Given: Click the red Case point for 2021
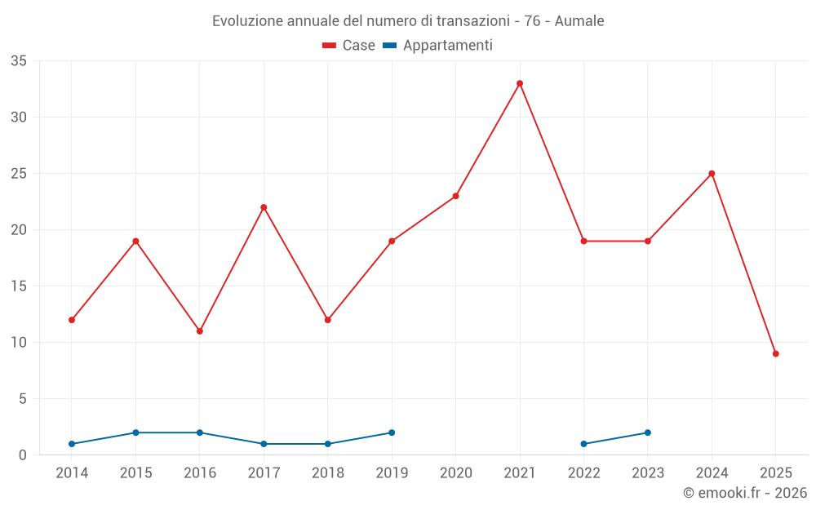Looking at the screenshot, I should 520,83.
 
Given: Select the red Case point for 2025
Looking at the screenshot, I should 776,353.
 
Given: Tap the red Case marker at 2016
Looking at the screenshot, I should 200,331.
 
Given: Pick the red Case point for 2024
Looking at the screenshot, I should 712,174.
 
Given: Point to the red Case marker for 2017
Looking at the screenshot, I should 264,207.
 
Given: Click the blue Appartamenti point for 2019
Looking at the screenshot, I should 392,432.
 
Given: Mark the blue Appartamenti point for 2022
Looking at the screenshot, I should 583,444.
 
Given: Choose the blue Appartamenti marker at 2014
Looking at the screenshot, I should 72,444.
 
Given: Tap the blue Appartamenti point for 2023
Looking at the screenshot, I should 648,432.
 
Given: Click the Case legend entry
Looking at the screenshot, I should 349,46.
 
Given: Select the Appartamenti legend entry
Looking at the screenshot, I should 438,46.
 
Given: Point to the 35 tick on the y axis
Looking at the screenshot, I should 19,61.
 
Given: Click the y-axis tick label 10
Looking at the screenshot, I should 19,343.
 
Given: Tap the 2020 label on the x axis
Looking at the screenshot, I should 456,473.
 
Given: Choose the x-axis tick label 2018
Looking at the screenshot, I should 328,473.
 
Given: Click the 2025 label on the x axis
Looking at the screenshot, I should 776,473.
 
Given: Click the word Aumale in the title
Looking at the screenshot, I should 579,21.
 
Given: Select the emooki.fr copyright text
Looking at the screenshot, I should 745,493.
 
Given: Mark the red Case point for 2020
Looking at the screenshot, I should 456,196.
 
